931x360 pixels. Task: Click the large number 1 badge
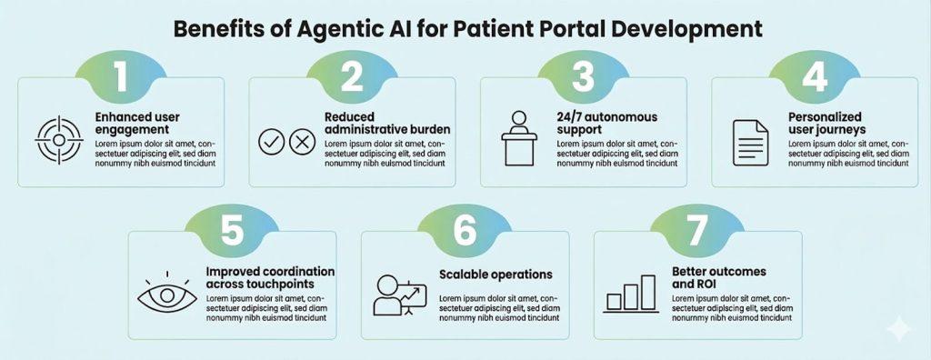[x=120, y=76]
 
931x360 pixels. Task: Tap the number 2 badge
[x=351, y=76]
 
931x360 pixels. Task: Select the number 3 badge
[x=582, y=76]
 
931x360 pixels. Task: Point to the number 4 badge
[x=813, y=76]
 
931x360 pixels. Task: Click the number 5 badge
[x=233, y=230]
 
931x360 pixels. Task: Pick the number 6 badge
[x=465, y=230]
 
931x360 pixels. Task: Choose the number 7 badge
[x=696, y=230]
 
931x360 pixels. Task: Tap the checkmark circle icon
[x=272, y=142]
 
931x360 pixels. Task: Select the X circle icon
[x=301, y=142]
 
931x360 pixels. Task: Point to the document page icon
[x=750, y=143]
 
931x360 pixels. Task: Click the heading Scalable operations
[x=496, y=274]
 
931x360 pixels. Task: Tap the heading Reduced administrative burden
[x=387, y=124]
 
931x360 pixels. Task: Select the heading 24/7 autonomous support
[x=606, y=124]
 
